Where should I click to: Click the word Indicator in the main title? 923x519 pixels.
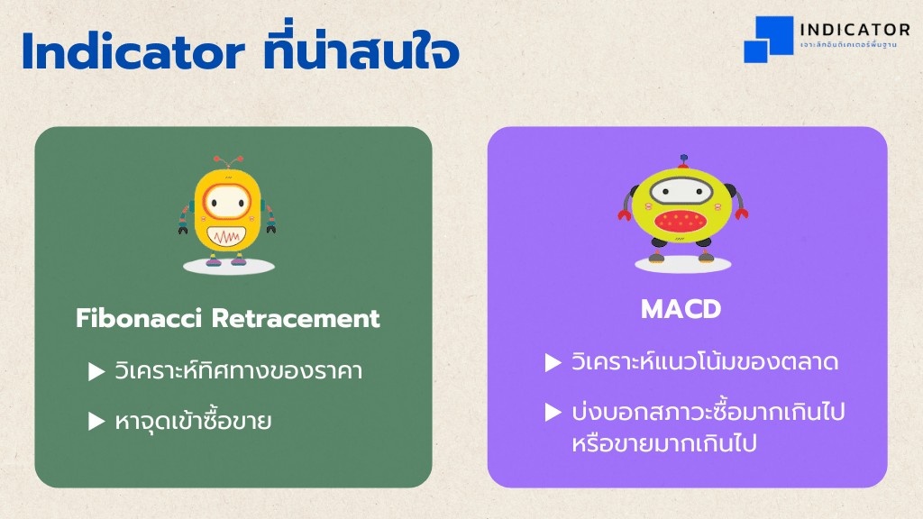click(133, 51)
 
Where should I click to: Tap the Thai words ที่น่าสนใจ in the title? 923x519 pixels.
click(361, 48)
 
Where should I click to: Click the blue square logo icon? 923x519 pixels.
click(768, 39)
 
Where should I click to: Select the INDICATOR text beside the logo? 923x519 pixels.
click(854, 30)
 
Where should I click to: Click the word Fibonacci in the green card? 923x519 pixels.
click(139, 318)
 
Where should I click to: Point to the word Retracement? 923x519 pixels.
click(296, 318)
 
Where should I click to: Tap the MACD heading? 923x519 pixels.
click(681, 309)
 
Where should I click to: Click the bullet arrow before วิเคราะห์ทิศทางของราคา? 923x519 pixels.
click(96, 371)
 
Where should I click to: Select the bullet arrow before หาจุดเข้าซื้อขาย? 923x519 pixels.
click(96, 421)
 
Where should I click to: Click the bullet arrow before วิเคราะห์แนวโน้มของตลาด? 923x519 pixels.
click(553, 362)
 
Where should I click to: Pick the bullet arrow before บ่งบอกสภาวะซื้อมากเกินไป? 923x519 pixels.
click(553, 412)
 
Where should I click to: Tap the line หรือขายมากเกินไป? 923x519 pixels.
click(664, 443)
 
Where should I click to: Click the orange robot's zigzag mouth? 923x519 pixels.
click(226, 237)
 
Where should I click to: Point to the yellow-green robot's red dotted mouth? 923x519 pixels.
click(680, 221)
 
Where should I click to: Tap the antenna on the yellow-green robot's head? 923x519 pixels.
click(683, 161)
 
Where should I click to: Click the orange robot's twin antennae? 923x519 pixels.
click(227, 162)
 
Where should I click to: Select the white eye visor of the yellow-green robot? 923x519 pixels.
click(681, 191)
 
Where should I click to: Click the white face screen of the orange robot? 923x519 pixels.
click(226, 203)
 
